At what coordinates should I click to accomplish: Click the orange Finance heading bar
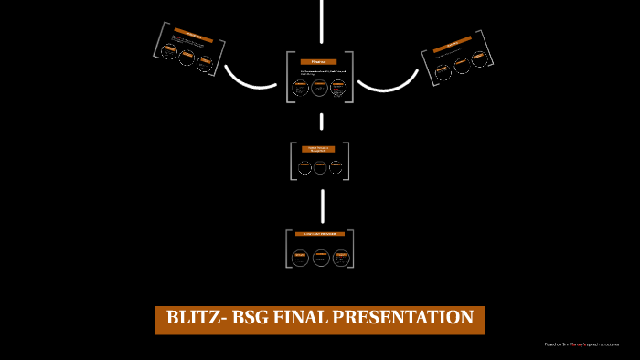(319, 61)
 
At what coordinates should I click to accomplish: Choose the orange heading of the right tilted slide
(449, 46)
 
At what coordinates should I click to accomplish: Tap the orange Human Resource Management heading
(319, 149)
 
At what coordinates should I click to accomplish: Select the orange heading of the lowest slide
(319, 235)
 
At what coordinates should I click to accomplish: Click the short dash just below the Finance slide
(322, 121)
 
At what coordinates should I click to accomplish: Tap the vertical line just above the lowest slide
(322, 205)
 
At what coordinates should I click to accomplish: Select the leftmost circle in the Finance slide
(301, 89)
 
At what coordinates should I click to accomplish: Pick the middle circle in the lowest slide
(320, 258)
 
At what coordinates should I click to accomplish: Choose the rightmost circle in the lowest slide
(339, 258)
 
